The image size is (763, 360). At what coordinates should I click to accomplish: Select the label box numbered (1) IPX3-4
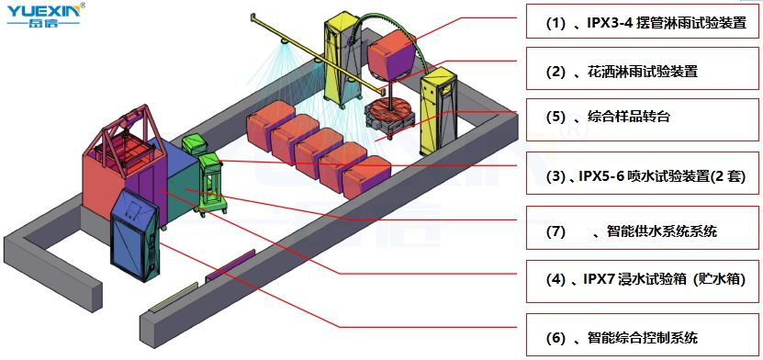pyautogui.click(x=643, y=21)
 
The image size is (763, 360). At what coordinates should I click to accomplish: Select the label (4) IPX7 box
pyautogui.click(x=643, y=281)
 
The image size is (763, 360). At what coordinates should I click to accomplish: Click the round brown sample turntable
pyautogui.click(x=388, y=108)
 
